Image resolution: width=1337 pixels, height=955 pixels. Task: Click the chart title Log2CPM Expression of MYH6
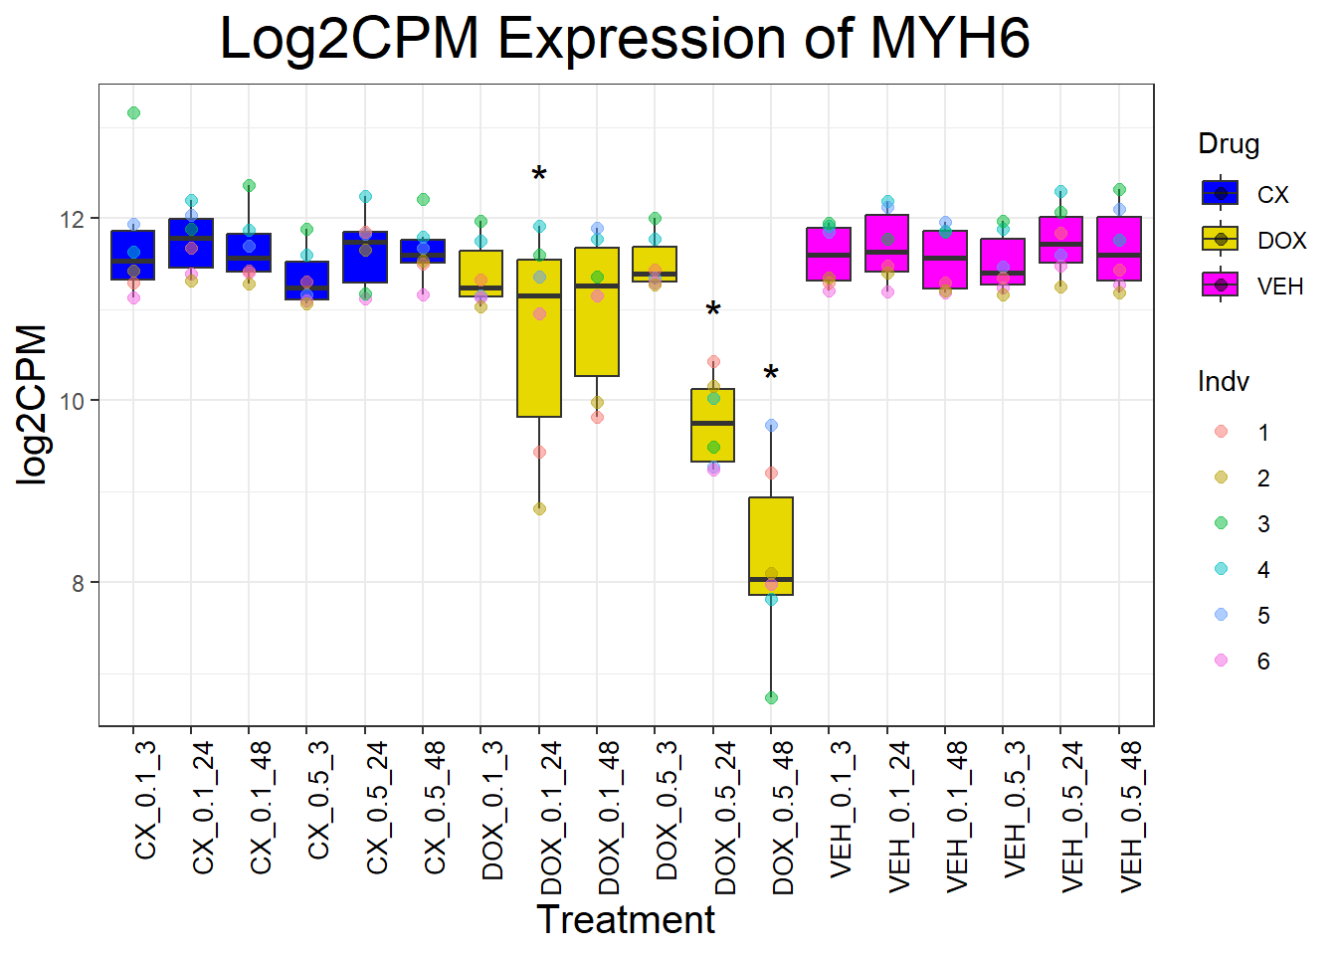[x=624, y=40]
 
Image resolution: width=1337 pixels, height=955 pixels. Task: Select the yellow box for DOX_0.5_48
[x=771, y=546]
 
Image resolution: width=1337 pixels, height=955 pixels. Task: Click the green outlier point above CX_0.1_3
[x=133, y=113]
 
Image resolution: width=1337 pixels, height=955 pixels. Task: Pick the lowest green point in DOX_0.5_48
[x=771, y=698]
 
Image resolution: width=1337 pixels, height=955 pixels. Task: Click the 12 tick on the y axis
[x=78, y=219]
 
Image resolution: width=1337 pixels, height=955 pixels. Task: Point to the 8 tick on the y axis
[x=78, y=584]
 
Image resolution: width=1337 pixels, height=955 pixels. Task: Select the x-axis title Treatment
[x=625, y=920]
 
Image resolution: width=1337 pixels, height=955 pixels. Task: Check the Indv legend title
[x=1223, y=382]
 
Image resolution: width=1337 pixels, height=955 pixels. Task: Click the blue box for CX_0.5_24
[x=365, y=258]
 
